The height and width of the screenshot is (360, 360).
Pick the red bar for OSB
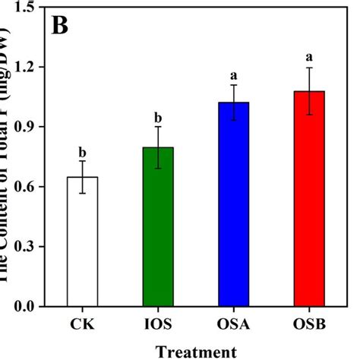tap(309, 198)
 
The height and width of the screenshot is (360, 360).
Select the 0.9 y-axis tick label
tap(25, 127)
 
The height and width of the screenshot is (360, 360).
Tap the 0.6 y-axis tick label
tap(25, 187)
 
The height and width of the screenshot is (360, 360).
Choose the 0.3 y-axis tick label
tap(25, 247)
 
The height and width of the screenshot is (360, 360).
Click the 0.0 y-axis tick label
tap(25, 307)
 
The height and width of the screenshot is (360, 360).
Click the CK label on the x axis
tap(82, 324)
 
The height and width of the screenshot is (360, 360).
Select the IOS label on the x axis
tap(158, 324)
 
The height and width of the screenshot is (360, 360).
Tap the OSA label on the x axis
tap(234, 324)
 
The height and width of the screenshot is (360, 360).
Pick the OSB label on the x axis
tap(309, 324)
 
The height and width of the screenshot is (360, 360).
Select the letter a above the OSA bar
tap(234, 75)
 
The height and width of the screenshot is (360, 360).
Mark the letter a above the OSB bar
tap(309, 57)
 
